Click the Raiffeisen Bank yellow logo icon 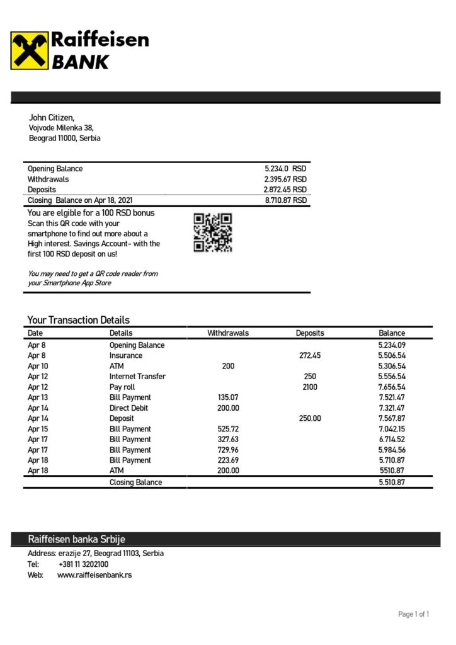[29, 50]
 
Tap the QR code [212, 232]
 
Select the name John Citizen [52, 117]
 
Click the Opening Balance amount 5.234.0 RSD [285, 169]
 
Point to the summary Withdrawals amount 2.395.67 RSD [285, 180]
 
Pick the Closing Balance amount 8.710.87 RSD [285, 200]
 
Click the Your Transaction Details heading [79, 320]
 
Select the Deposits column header [310, 333]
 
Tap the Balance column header [392, 333]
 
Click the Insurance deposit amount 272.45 [309, 356]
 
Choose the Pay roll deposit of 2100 [310, 387]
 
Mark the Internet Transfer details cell [137, 377]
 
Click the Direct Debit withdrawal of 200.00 [228, 408]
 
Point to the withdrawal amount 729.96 [228, 450]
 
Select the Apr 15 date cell [37, 429]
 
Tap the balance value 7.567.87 [392, 418]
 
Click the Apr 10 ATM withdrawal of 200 [228, 366]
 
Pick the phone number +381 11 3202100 [83, 564]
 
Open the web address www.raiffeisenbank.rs [94, 575]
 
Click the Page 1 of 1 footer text [414, 614]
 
